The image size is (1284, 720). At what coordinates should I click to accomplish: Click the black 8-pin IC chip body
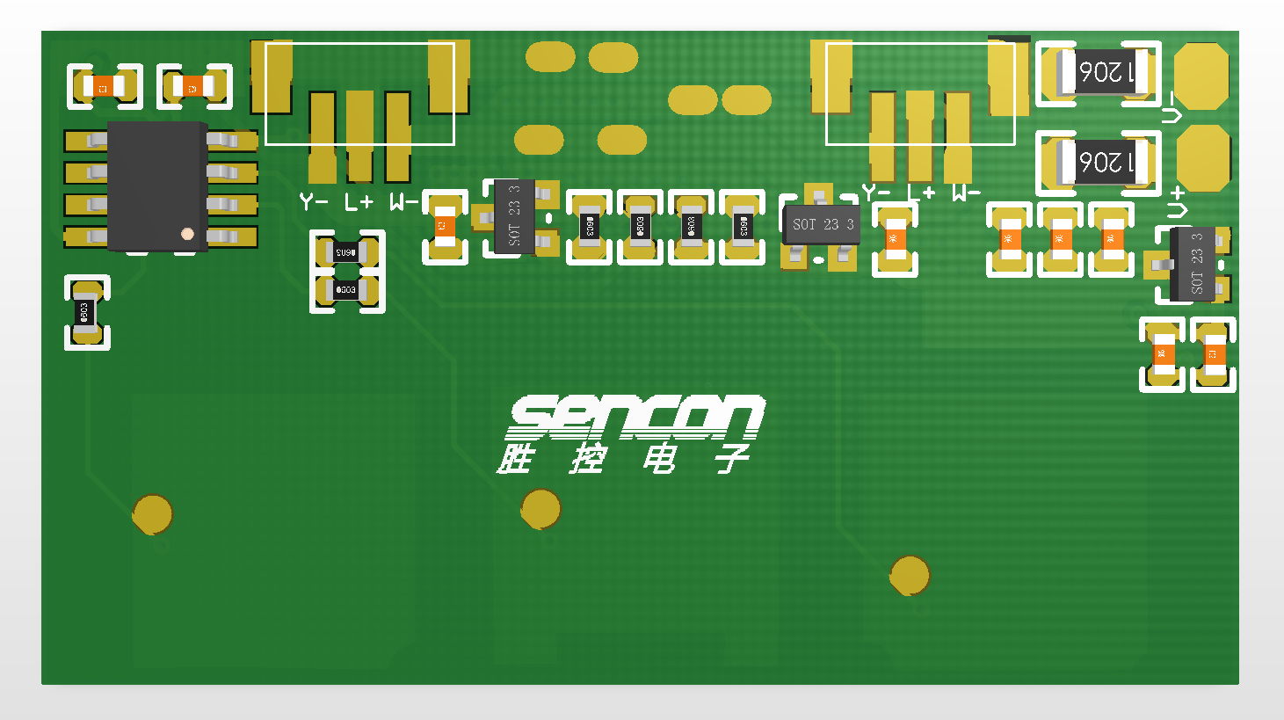click(156, 186)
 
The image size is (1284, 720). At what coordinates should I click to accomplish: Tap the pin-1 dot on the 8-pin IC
click(187, 234)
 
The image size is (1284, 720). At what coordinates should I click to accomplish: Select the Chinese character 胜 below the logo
click(516, 459)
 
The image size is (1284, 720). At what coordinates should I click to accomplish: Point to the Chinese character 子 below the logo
click(731, 459)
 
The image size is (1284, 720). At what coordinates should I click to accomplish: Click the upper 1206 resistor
click(1106, 72)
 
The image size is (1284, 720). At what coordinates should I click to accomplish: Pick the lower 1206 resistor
click(1106, 162)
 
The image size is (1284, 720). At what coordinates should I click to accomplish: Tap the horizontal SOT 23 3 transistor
click(822, 225)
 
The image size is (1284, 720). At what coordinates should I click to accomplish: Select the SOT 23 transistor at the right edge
click(1193, 264)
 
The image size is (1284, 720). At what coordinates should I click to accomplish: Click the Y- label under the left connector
click(314, 202)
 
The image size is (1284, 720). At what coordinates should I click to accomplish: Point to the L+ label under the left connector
click(359, 202)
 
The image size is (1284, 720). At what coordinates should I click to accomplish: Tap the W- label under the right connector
click(966, 193)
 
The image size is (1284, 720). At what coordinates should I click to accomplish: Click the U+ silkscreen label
click(1176, 202)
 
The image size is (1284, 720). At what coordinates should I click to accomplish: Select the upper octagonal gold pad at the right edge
click(1201, 76)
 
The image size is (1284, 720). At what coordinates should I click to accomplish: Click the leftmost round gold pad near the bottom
click(152, 514)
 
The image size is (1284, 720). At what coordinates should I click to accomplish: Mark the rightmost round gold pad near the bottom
click(910, 576)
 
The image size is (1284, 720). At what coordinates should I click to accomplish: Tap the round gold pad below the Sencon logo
click(540, 509)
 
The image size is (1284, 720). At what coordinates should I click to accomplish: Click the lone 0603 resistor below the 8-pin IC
click(86, 312)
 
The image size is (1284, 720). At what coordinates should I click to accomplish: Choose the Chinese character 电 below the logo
click(659, 459)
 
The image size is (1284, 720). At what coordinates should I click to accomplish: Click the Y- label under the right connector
click(876, 193)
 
